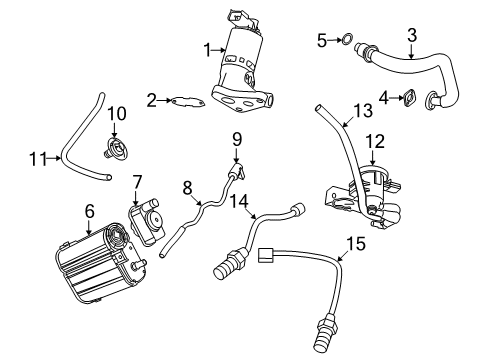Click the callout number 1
[x=207, y=49]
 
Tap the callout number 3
[x=411, y=37]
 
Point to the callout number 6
[x=89, y=211]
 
